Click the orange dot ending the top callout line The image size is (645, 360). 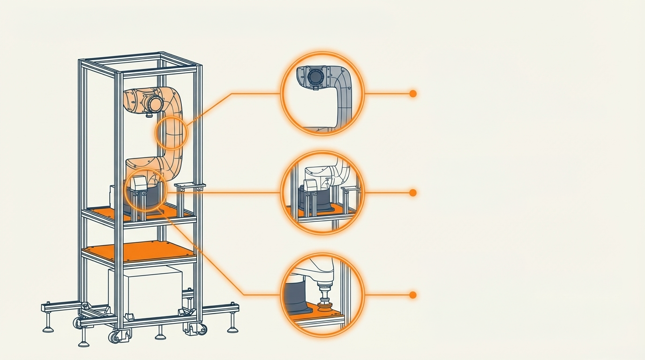point(413,94)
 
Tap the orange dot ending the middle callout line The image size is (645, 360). point(413,193)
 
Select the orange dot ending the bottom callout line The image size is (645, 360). point(413,295)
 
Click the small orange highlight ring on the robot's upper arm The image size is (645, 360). point(171,133)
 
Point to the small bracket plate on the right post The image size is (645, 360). point(189,187)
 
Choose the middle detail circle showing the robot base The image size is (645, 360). point(322,193)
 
